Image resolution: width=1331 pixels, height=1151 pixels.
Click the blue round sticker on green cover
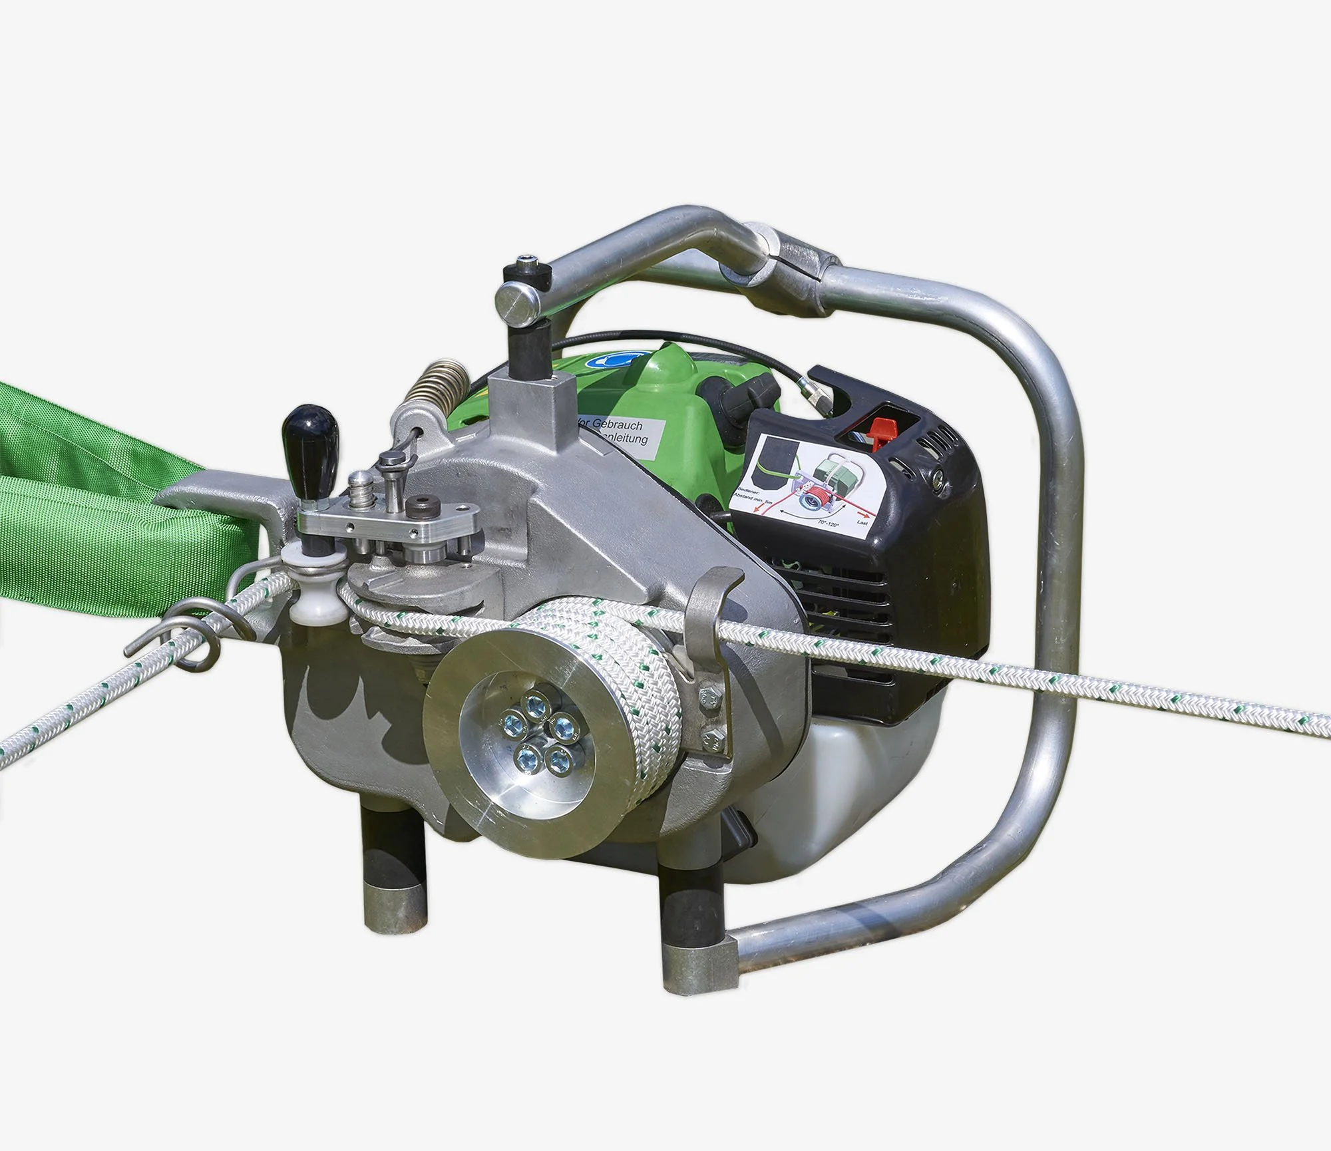(x=609, y=359)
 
